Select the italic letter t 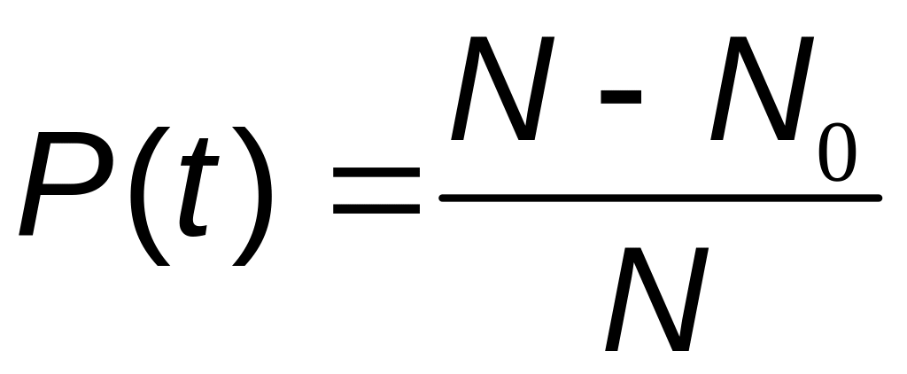(197, 191)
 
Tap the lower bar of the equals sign (376, 210)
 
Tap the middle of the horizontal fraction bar (660, 197)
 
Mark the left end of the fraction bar (444, 197)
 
